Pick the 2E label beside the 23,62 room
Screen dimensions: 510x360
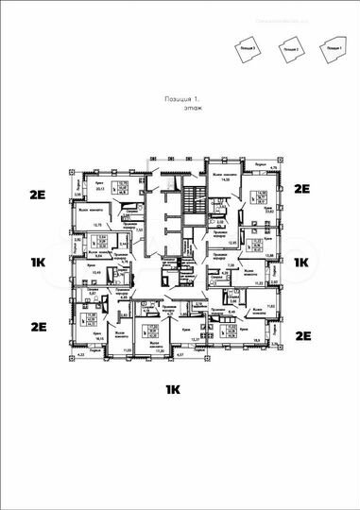[302, 189]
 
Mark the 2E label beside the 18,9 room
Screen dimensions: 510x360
[302, 335]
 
